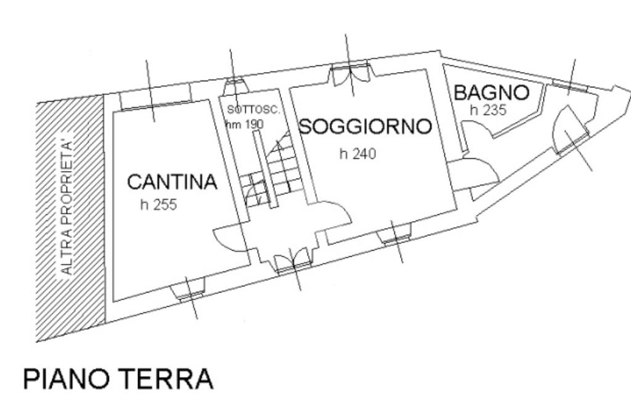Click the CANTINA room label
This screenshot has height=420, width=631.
click(x=173, y=182)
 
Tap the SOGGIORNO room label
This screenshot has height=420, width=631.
click(x=365, y=127)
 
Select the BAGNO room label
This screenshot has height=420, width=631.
click(x=491, y=93)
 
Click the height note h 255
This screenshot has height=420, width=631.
click(x=158, y=204)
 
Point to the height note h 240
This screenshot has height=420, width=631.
click(x=358, y=154)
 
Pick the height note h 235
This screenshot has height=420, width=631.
click(x=488, y=110)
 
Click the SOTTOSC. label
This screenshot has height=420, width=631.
click(x=253, y=110)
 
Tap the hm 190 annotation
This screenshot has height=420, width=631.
click(x=245, y=123)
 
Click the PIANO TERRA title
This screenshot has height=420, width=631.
click(x=118, y=379)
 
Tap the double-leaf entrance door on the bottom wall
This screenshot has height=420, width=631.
click(x=291, y=259)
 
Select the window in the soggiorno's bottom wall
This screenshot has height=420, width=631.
click(x=396, y=235)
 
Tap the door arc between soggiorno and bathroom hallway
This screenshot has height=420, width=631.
click(x=479, y=172)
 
